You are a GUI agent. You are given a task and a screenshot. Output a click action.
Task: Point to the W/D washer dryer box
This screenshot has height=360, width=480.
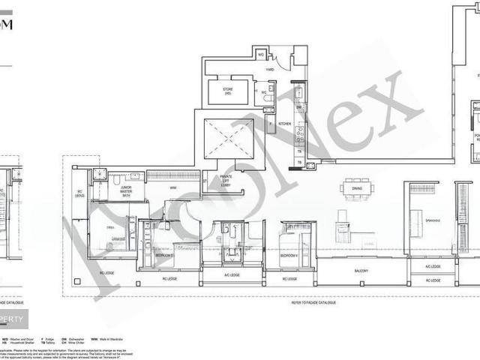pos(261,55)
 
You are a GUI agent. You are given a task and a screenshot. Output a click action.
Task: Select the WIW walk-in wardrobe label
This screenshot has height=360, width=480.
pos(173,187)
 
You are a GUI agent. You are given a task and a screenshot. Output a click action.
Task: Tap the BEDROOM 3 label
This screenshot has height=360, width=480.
pos(164,255)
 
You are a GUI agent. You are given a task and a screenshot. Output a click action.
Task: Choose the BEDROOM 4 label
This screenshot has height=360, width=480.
pos(289,255)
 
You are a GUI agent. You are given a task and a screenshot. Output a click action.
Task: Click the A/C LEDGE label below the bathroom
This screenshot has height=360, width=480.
pos(232,275)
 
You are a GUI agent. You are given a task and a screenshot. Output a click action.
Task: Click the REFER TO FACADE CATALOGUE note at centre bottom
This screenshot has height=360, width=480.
pos(314,302)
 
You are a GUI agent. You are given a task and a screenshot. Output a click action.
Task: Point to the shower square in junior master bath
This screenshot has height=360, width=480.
pos(99,175)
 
